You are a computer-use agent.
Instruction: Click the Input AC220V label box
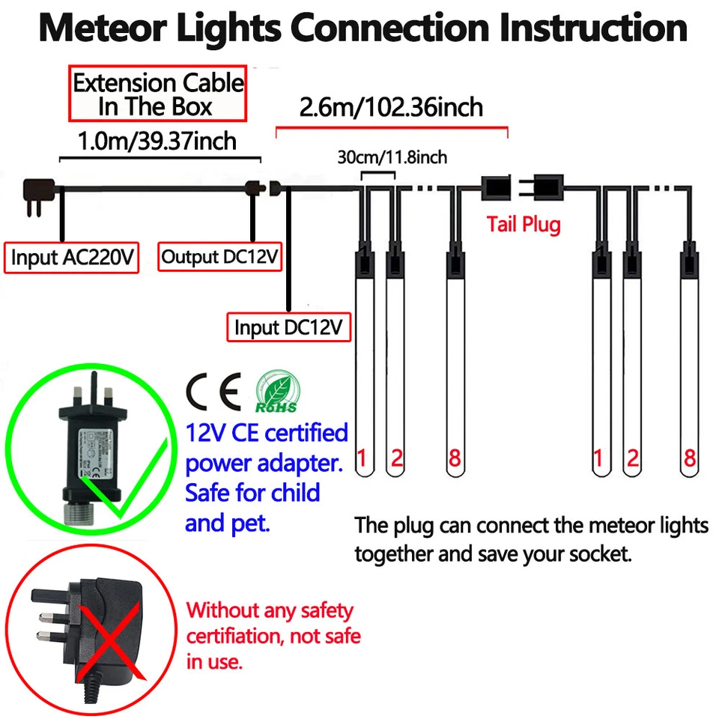tap(72, 258)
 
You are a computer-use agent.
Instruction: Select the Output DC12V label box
tap(220, 258)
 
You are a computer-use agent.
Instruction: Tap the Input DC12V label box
tap(288, 327)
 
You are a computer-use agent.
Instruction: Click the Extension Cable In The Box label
tap(158, 94)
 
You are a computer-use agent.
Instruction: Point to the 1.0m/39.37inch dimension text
tap(157, 140)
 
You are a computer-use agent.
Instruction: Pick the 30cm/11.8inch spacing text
tap(392, 157)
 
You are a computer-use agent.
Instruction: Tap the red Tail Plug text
tap(523, 224)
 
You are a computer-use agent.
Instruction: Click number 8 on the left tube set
tap(454, 458)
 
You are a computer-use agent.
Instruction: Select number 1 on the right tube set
tap(598, 458)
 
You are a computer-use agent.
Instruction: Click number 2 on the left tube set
tap(396, 458)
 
